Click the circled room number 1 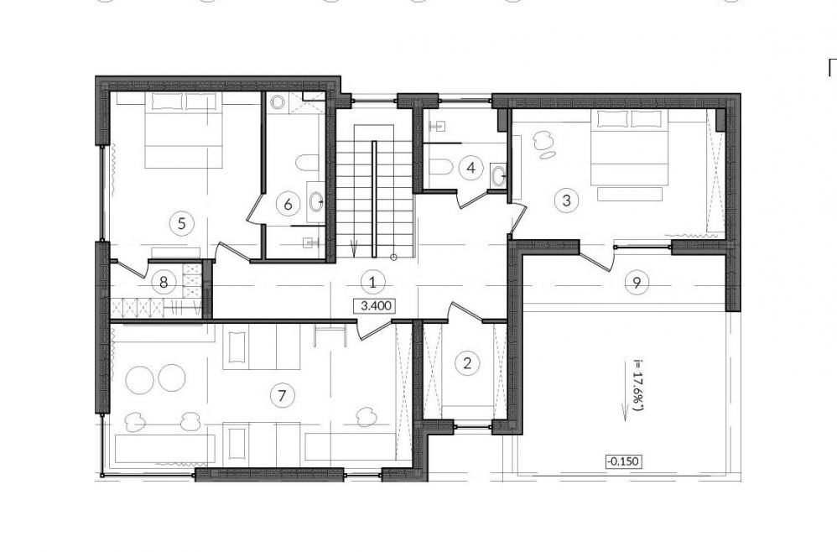(x=372, y=282)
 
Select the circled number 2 (x=468, y=364)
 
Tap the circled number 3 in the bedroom (x=566, y=200)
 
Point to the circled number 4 (x=470, y=168)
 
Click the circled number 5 (x=181, y=223)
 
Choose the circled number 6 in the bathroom (x=289, y=204)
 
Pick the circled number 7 (x=283, y=396)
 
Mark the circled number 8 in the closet (x=164, y=281)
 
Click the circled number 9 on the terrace (x=637, y=282)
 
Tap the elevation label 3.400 (x=377, y=306)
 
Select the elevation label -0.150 (x=623, y=461)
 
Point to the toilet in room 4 (x=439, y=167)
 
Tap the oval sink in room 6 (x=315, y=202)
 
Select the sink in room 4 (x=498, y=175)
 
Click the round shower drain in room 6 (x=277, y=102)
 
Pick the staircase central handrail (x=374, y=199)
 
